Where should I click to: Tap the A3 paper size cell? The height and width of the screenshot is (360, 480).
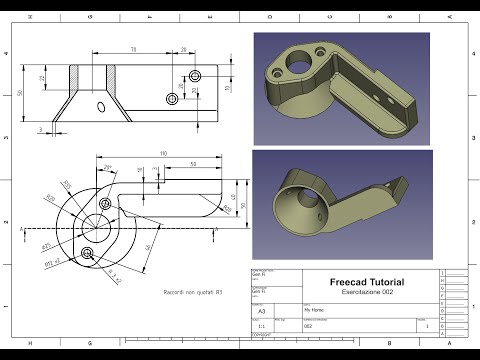click(x=262, y=311)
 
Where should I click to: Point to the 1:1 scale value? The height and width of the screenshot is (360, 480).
click(x=262, y=325)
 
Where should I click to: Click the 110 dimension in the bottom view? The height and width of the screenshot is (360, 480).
click(x=163, y=153)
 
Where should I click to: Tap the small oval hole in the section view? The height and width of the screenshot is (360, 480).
click(x=100, y=107)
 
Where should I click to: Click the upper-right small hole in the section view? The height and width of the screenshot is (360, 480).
click(x=194, y=76)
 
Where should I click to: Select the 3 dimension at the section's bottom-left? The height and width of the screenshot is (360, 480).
click(x=42, y=129)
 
